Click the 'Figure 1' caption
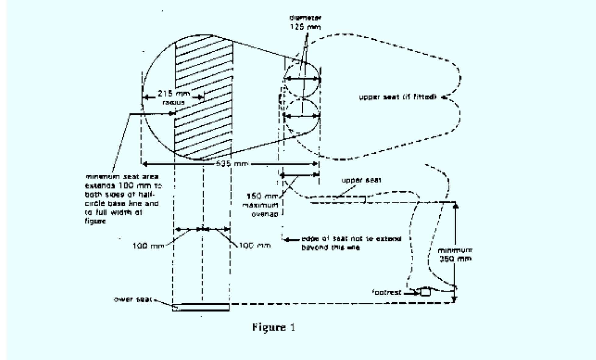click(273, 327)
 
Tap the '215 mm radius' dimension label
click(173, 97)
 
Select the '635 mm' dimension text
click(232, 164)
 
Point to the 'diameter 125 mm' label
click(305, 23)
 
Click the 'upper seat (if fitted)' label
click(398, 97)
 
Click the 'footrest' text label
click(387, 292)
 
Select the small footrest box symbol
click(425, 292)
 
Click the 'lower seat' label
click(133, 299)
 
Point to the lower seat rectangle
click(201, 307)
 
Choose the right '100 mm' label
click(255, 245)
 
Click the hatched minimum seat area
click(204, 97)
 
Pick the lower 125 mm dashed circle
click(301, 116)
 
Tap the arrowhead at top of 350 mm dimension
click(456, 206)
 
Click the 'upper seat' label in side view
click(361, 180)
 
